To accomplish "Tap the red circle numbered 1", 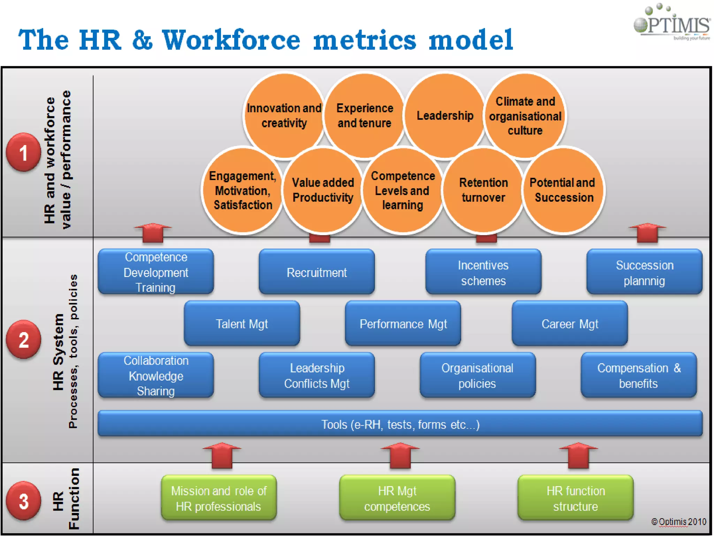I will tap(23, 152).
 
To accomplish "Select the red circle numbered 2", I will tap(23, 340).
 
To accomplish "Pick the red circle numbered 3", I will tap(23, 501).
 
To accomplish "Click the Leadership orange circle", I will tap(445, 116).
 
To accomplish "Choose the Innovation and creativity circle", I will tap(284, 116).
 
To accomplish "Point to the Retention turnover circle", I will tap(483, 190).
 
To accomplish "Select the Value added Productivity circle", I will tap(323, 190).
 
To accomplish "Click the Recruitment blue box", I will tap(317, 272).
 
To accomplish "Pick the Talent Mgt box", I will tap(242, 324).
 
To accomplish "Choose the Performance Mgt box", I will tap(403, 324).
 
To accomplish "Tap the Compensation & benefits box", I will tap(639, 375).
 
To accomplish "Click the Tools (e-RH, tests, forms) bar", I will tap(400, 424).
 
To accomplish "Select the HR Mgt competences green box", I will tap(397, 498).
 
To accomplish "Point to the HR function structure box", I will tap(576, 498).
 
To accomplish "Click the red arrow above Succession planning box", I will tap(647, 232).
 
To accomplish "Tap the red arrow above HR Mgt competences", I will tap(400, 455).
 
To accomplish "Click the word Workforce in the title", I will tap(231, 40).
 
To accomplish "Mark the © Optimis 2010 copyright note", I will tap(678, 522).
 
